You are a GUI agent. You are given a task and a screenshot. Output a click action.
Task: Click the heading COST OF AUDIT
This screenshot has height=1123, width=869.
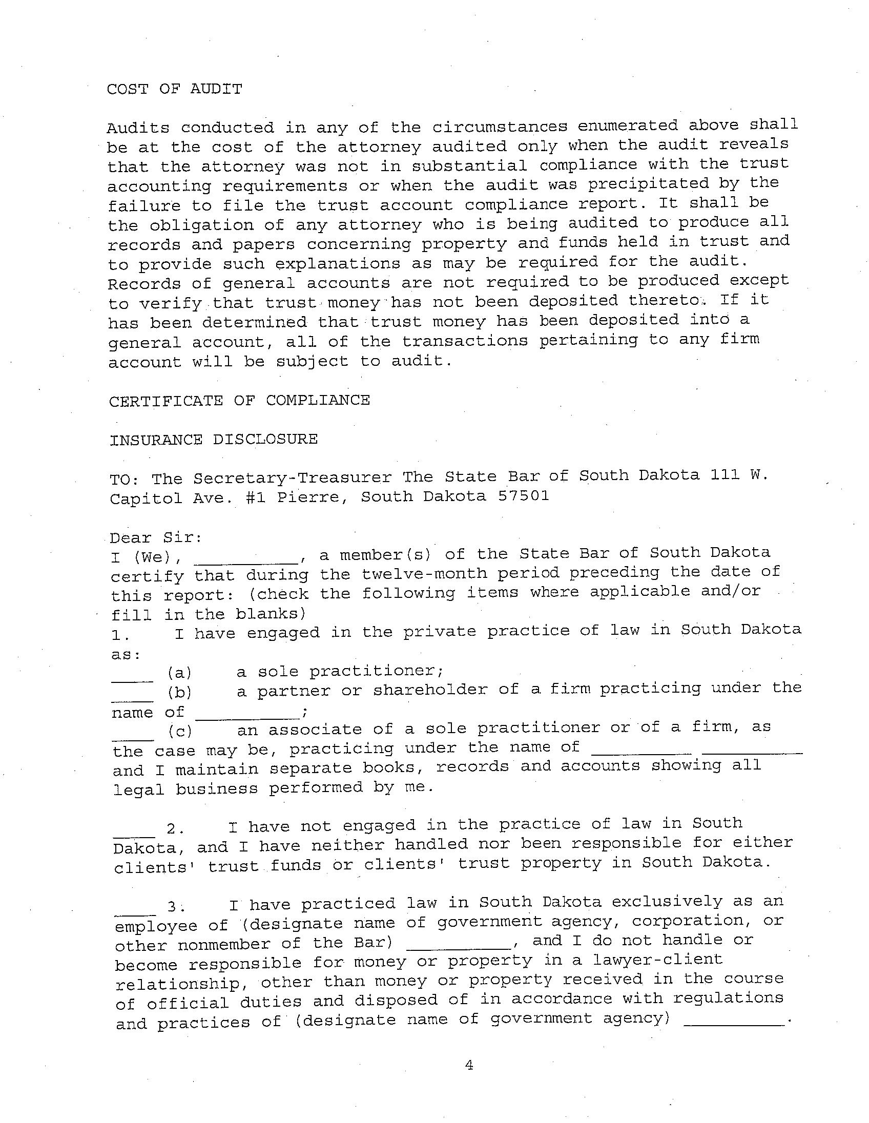[x=174, y=89]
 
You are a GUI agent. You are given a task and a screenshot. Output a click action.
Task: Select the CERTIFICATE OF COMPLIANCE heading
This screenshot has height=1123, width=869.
[x=239, y=401]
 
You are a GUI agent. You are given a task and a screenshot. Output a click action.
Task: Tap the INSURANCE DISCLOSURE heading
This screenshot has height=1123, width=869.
[x=213, y=440]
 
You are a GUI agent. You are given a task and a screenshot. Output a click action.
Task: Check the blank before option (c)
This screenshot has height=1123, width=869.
[x=133, y=738]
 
